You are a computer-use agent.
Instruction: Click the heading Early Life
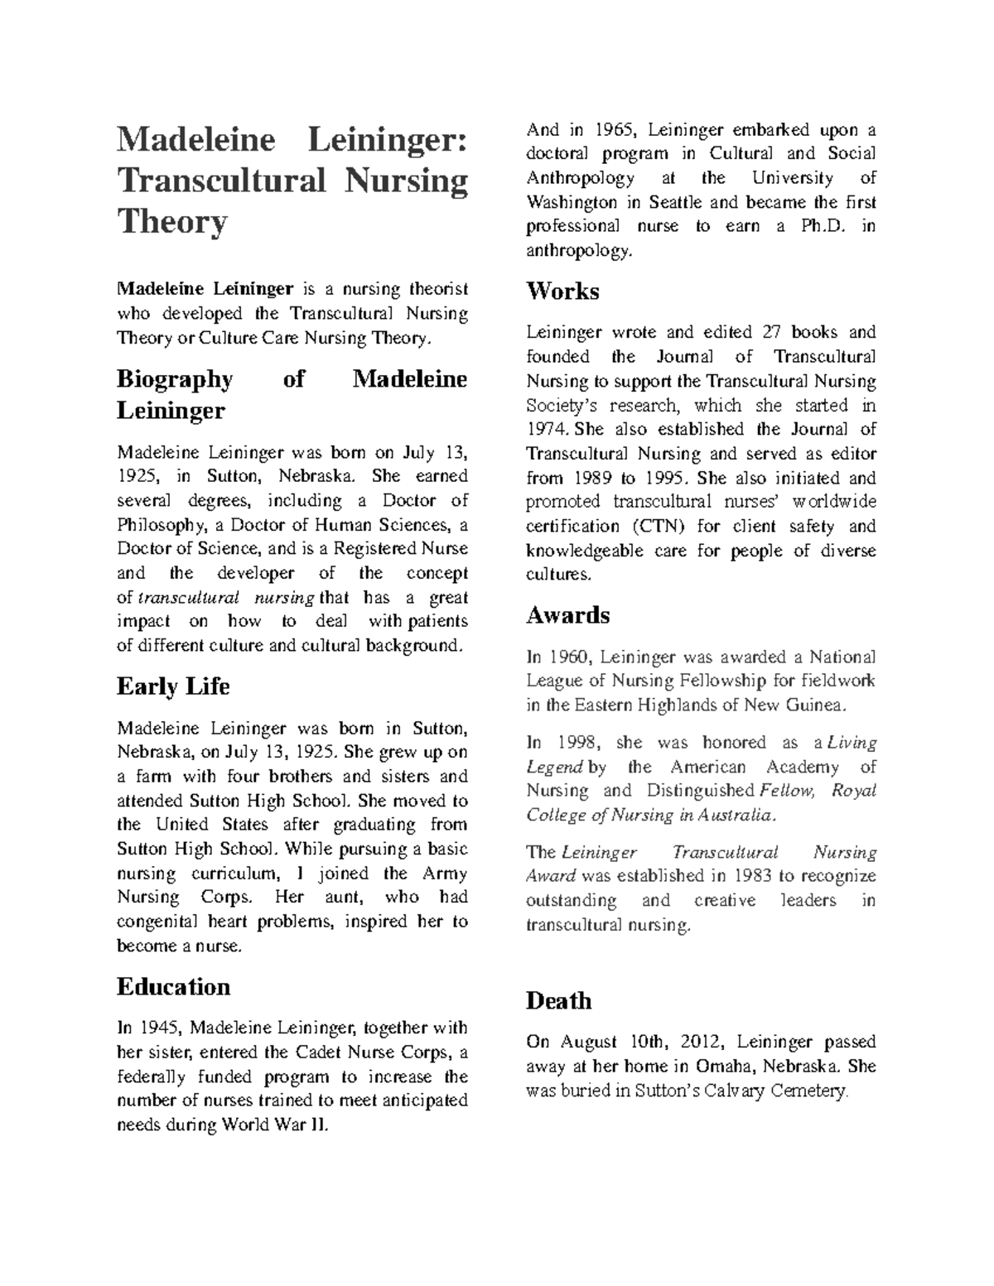point(173,686)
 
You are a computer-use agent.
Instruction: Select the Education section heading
point(173,986)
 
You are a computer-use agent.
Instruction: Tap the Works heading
point(562,291)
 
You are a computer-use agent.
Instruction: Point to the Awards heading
point(568,615)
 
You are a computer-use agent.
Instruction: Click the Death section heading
point(558,1000)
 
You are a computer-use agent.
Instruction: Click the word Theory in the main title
point(171,222)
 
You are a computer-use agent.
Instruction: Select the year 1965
point(612,129)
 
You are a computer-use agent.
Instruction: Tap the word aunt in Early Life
point(341,897)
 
